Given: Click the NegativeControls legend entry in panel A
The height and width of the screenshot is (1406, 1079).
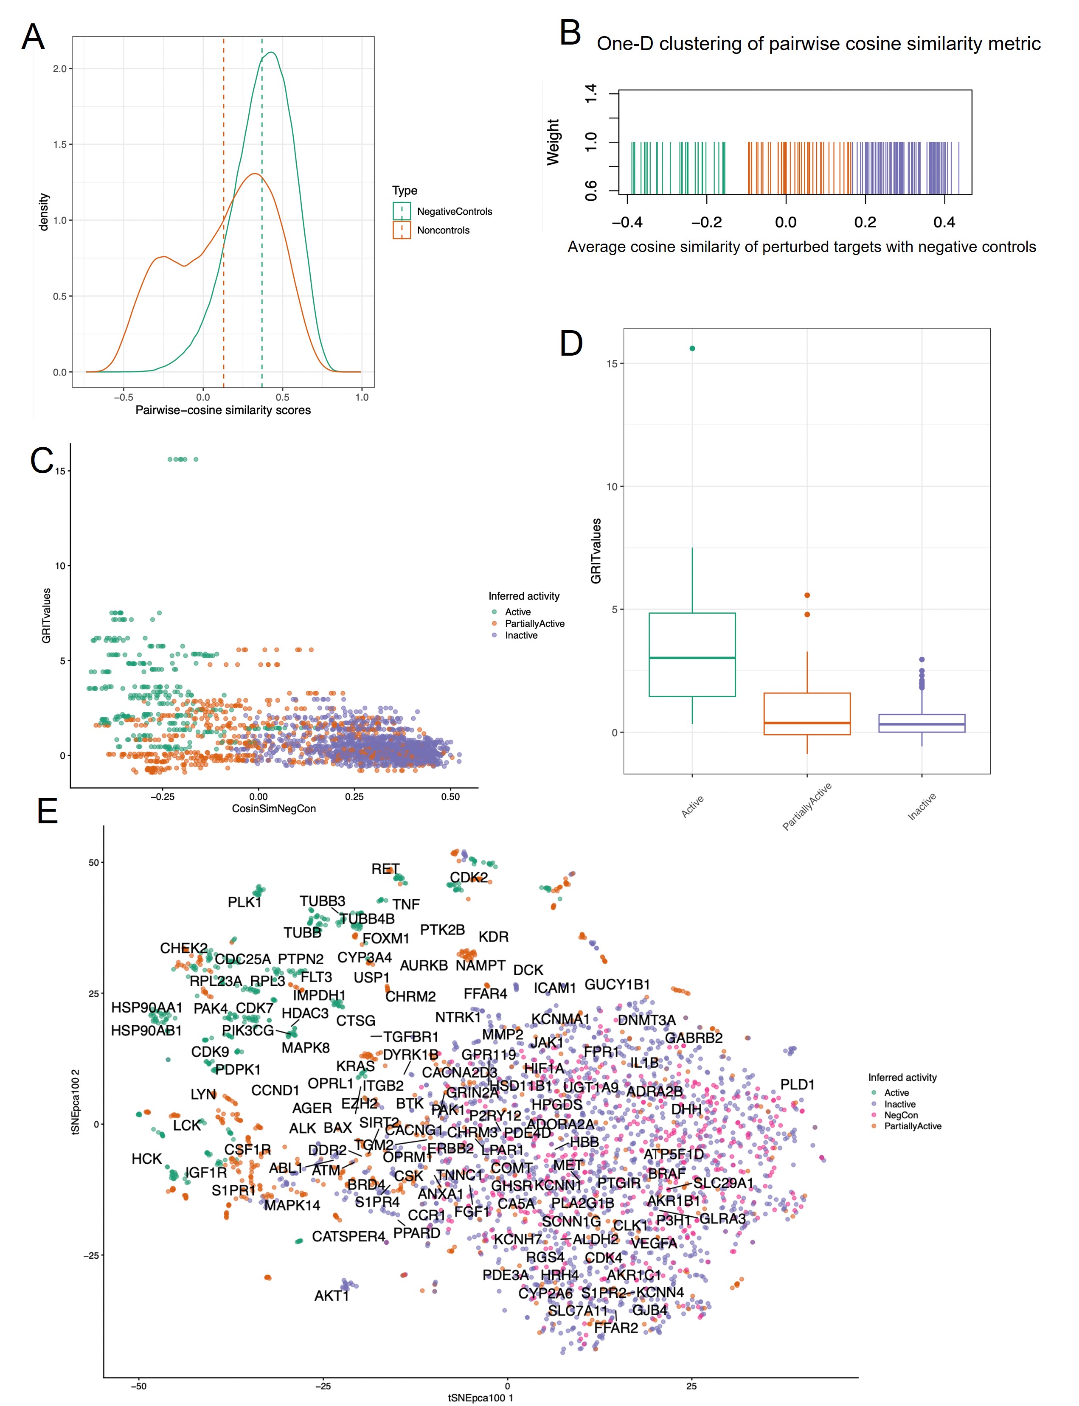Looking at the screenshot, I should [x=454, y=211].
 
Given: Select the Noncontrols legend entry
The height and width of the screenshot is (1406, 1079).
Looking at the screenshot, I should [x=443, y=230].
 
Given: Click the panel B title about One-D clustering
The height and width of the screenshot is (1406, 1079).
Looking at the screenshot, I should [x=818, y=44].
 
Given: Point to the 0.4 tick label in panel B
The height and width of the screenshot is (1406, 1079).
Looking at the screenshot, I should [x=944, y=222].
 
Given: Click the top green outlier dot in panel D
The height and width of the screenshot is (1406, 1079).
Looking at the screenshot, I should [x=692, y=348].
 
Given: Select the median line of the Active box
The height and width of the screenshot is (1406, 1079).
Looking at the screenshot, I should [x=692, y=657].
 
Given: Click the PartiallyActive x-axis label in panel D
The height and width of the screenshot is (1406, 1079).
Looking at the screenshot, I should [x=806, y=806].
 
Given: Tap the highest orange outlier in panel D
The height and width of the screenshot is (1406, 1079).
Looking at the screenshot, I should [x=806, y=595].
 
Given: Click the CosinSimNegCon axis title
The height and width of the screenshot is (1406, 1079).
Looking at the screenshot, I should [x=274, y=808].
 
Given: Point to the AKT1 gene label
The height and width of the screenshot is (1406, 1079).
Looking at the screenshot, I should [x=332, y=1296].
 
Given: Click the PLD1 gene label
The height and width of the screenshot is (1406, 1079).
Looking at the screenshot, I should [x=797, y=1084].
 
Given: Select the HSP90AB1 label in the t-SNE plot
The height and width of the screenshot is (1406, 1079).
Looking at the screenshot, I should [x=146, y=1030].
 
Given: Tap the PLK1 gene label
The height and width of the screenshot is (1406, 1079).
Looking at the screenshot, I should [x=244, y=902].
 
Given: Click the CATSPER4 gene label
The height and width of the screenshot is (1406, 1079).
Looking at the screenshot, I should [x=348, y=1237].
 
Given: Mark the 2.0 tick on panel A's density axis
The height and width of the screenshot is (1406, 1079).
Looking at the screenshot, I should [x=60, y=69].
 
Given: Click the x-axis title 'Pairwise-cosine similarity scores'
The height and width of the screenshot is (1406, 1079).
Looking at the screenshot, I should [x=223, y=410].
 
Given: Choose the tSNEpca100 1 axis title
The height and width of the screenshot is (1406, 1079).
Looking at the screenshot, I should [x=480, y=1398].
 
